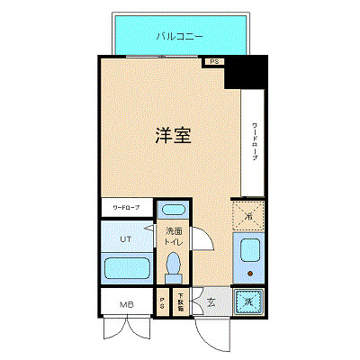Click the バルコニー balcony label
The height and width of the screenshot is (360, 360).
[178, 37]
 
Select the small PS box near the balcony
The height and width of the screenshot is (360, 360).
[213, 62]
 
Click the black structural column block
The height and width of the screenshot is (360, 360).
[246, 73]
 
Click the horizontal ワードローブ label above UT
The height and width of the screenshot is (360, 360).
[127, 208]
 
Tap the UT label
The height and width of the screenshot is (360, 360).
[127, 239]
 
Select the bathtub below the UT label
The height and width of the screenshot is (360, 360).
[127, 268]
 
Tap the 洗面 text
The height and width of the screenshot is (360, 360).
[174, 232]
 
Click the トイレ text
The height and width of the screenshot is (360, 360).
[174, 244]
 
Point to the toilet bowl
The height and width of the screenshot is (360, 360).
[174, 265]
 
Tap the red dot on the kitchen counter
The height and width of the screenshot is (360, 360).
[248, 270]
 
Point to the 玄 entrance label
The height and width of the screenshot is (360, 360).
[209, 303]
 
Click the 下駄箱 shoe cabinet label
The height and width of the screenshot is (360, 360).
[180, 304]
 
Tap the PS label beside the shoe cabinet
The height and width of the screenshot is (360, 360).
[162, 304]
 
